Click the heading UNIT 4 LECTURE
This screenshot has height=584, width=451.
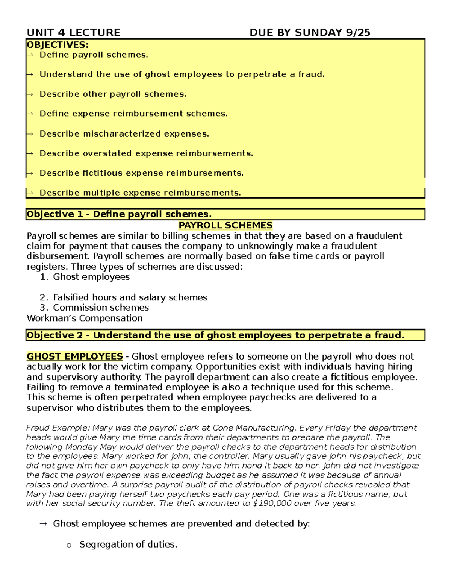click(x=73, y=33)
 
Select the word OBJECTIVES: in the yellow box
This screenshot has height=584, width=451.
click(x=58, y=45)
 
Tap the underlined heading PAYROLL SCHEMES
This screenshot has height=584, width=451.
click(x=225, y=225)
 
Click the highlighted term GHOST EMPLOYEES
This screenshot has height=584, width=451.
click(x=74, y=356)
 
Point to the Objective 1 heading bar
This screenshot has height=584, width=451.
click(x=225, y=214)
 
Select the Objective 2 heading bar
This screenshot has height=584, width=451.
click(x=225, y=335)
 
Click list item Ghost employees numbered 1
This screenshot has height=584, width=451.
click(x=91, y=277)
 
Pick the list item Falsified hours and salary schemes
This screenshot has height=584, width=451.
click(x=130, y=297)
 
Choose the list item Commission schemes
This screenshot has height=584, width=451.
click(x=101, y=308)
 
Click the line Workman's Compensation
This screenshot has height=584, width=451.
click(x=85, y=318)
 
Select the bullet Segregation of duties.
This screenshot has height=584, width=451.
click(x=128, y=545)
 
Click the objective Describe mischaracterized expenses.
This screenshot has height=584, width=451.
click(x=124, y=134)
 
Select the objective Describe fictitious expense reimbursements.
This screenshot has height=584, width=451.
click(x=141, y=173)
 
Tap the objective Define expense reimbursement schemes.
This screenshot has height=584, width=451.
click(x=133, y=114)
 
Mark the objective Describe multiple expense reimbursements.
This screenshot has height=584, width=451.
click(x=140, y=193)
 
